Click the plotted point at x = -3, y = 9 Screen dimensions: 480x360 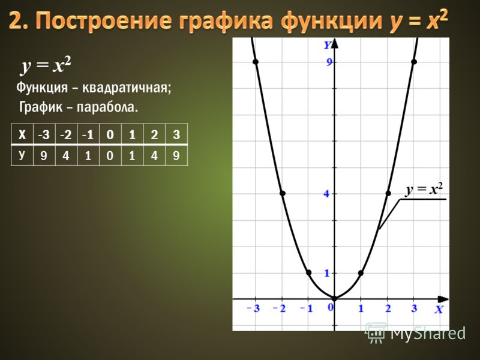(256, 62)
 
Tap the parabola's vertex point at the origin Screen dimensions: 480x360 (335, 298)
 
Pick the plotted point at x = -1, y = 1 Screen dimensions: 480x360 (308, 272)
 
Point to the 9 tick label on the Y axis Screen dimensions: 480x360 (329, 62)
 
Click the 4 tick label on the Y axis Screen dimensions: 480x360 (327, 193)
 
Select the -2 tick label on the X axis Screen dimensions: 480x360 (279, 308)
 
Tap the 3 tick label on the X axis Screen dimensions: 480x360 (414, 308)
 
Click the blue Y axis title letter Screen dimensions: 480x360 (328, 46)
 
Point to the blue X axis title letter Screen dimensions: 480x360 (439, 310)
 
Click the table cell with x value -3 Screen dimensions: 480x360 (44, 134)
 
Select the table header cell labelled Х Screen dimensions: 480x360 (22, 134)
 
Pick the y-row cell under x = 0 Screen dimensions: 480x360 (110, 155)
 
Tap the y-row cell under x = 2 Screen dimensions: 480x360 (154, 155)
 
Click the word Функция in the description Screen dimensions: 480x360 (42, 88)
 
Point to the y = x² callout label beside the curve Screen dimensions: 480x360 (424, 190)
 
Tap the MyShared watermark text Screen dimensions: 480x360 (428, 334)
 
